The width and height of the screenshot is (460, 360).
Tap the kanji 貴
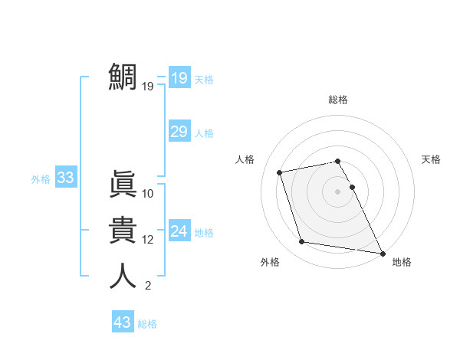coord(123,230)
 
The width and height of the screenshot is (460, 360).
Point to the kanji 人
coord(123,276)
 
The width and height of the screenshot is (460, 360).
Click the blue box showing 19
coord(179,78)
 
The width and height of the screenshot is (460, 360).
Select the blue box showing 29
coord(179,132)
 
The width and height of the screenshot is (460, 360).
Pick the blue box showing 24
coord(179,231)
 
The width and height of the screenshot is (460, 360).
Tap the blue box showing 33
coord(65,178)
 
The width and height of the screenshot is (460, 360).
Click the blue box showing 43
coord(123,322)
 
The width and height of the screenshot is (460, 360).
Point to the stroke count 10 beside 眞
coord(148,194)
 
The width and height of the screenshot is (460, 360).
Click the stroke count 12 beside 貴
coord(148,240)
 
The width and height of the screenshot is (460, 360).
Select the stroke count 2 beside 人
coord(147,286)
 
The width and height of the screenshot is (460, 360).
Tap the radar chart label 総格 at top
coord(338,100)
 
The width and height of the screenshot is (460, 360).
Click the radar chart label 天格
coord(431,159)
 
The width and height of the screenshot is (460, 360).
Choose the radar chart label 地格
coord(402,262)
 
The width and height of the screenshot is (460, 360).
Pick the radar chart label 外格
coord(270,262)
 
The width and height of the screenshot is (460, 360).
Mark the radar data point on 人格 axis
coord(281,172)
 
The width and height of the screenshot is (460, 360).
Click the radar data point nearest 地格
coord(383,253)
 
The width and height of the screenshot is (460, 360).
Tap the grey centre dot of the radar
coord(338,191)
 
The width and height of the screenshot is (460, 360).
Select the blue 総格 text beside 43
coord(147,324)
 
